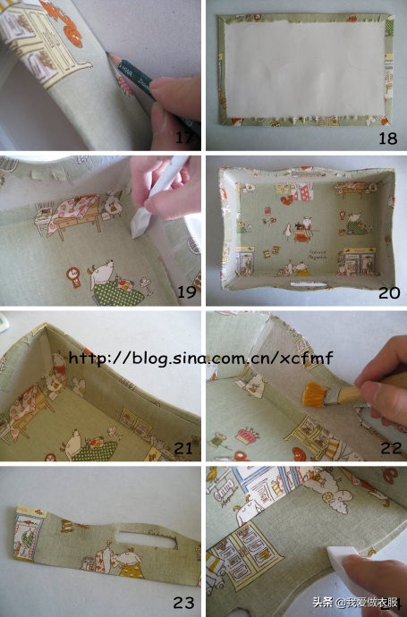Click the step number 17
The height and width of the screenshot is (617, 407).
point(184,138)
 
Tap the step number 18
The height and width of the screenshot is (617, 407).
point(387,138)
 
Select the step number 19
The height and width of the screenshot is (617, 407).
point(187,292)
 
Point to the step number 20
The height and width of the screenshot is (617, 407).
point(389,292)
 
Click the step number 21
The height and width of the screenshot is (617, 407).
point(183,448)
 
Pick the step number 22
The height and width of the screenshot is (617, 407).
point(391,448)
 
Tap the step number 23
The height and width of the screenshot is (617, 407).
point(183,602)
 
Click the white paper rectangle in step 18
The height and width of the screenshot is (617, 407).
point(303,69)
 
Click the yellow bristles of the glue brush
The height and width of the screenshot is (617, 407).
point(315,395)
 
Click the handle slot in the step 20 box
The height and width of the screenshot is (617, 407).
point(309,284)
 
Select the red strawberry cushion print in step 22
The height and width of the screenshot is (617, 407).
point(246,436)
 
